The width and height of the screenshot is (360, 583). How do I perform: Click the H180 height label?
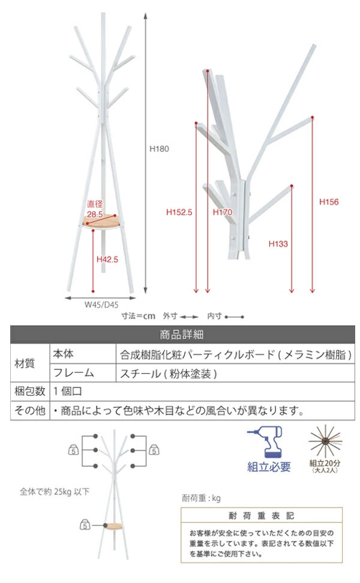pyautogui.click(x=159, y=149)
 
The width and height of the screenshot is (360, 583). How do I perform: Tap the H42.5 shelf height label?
pyautogui.click(x=107, y=259)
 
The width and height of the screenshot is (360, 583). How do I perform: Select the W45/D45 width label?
pyautogui.click(x=101, y=305)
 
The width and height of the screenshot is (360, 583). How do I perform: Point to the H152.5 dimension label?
pyautogui.click(x=179, y=212)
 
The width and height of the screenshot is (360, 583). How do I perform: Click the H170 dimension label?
pyautogui.click(x=223, y=212)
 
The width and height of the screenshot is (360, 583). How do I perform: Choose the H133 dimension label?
pyautogui.click(x=278, y=244)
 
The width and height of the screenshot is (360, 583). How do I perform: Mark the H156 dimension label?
pyautogui.click(x=329, y=202)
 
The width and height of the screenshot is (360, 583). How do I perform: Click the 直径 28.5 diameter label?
pyautogui.click(x=95, y=209)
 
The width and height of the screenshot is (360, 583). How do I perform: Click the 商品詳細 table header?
pyautogui.click(x=181, y=335)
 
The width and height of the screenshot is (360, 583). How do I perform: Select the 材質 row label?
pyautogui.click(x=25, y=363)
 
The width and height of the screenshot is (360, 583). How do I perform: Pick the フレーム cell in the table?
pyautogui.click(x=74, y=372)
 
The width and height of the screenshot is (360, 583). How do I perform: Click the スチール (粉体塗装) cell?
pyautogui.click(x=169, y=373)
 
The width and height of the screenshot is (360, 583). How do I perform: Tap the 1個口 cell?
pyautogui.click(x=67, y=391)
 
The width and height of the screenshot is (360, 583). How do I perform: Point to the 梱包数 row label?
pyautogui.click(x=30, y=391)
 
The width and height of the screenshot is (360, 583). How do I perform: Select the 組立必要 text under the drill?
pyautogui.click(x=269, y=467)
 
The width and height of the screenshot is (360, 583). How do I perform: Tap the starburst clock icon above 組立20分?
pyautogui.click(x=325, y=441)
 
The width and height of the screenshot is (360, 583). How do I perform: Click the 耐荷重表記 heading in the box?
pyautogui.click(x=261, y=516)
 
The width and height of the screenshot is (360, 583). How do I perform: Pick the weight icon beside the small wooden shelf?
pyautogui.click(x=85, y=525)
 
